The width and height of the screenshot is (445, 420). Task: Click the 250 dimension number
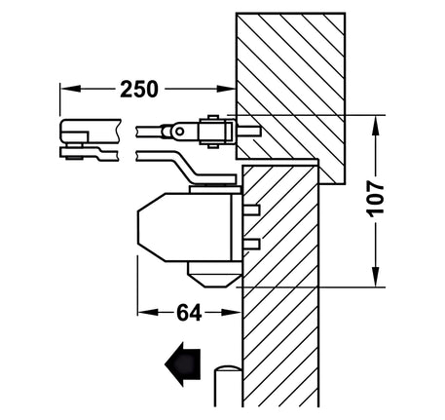tap(139, 89)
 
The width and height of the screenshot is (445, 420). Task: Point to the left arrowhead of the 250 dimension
tap(67, 89)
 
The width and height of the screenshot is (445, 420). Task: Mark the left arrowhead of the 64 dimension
tap(143, 314)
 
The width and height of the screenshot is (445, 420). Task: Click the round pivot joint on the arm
tap(178, 130)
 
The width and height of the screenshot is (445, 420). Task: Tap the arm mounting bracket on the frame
tap(212, 131)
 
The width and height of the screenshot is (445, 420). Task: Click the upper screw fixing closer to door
tap(251, 210)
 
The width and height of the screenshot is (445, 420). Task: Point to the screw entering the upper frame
tap(248, 130)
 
